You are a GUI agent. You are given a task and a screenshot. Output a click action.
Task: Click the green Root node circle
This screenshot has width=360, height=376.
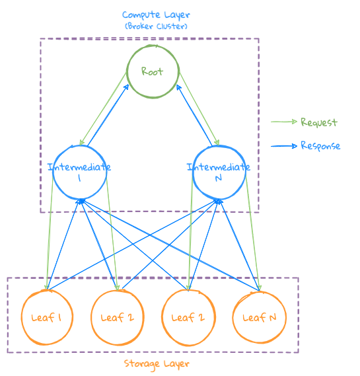click(x=153, y=71)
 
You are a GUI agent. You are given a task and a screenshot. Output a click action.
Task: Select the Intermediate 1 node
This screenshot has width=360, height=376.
click(x=79, y=173)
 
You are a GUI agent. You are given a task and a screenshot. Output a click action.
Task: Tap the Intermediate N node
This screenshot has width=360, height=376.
click(x=219, y=173)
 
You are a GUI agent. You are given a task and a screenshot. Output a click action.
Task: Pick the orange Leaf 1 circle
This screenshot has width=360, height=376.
click(x=46, y=317)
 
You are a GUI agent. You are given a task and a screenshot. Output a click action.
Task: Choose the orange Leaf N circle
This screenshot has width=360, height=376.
click(x=259, y=317)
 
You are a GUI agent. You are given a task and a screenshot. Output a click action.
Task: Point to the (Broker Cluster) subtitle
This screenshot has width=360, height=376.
click(x=156, y=26)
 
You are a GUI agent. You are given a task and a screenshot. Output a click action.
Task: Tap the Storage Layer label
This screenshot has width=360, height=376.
click(x=157, y=364)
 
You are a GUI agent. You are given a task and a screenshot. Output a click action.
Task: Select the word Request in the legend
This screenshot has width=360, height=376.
click(x=319, y=122)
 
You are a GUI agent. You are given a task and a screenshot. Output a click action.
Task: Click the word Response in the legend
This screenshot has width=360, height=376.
click(x=320, y=145)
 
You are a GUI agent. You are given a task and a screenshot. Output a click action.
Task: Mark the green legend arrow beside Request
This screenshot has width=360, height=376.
click(x=284, y=122)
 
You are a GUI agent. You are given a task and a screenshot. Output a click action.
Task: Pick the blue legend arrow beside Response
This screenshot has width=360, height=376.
click(x=284, y=145)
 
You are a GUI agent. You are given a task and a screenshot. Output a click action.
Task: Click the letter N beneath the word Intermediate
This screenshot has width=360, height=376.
click(x=218, y=178)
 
